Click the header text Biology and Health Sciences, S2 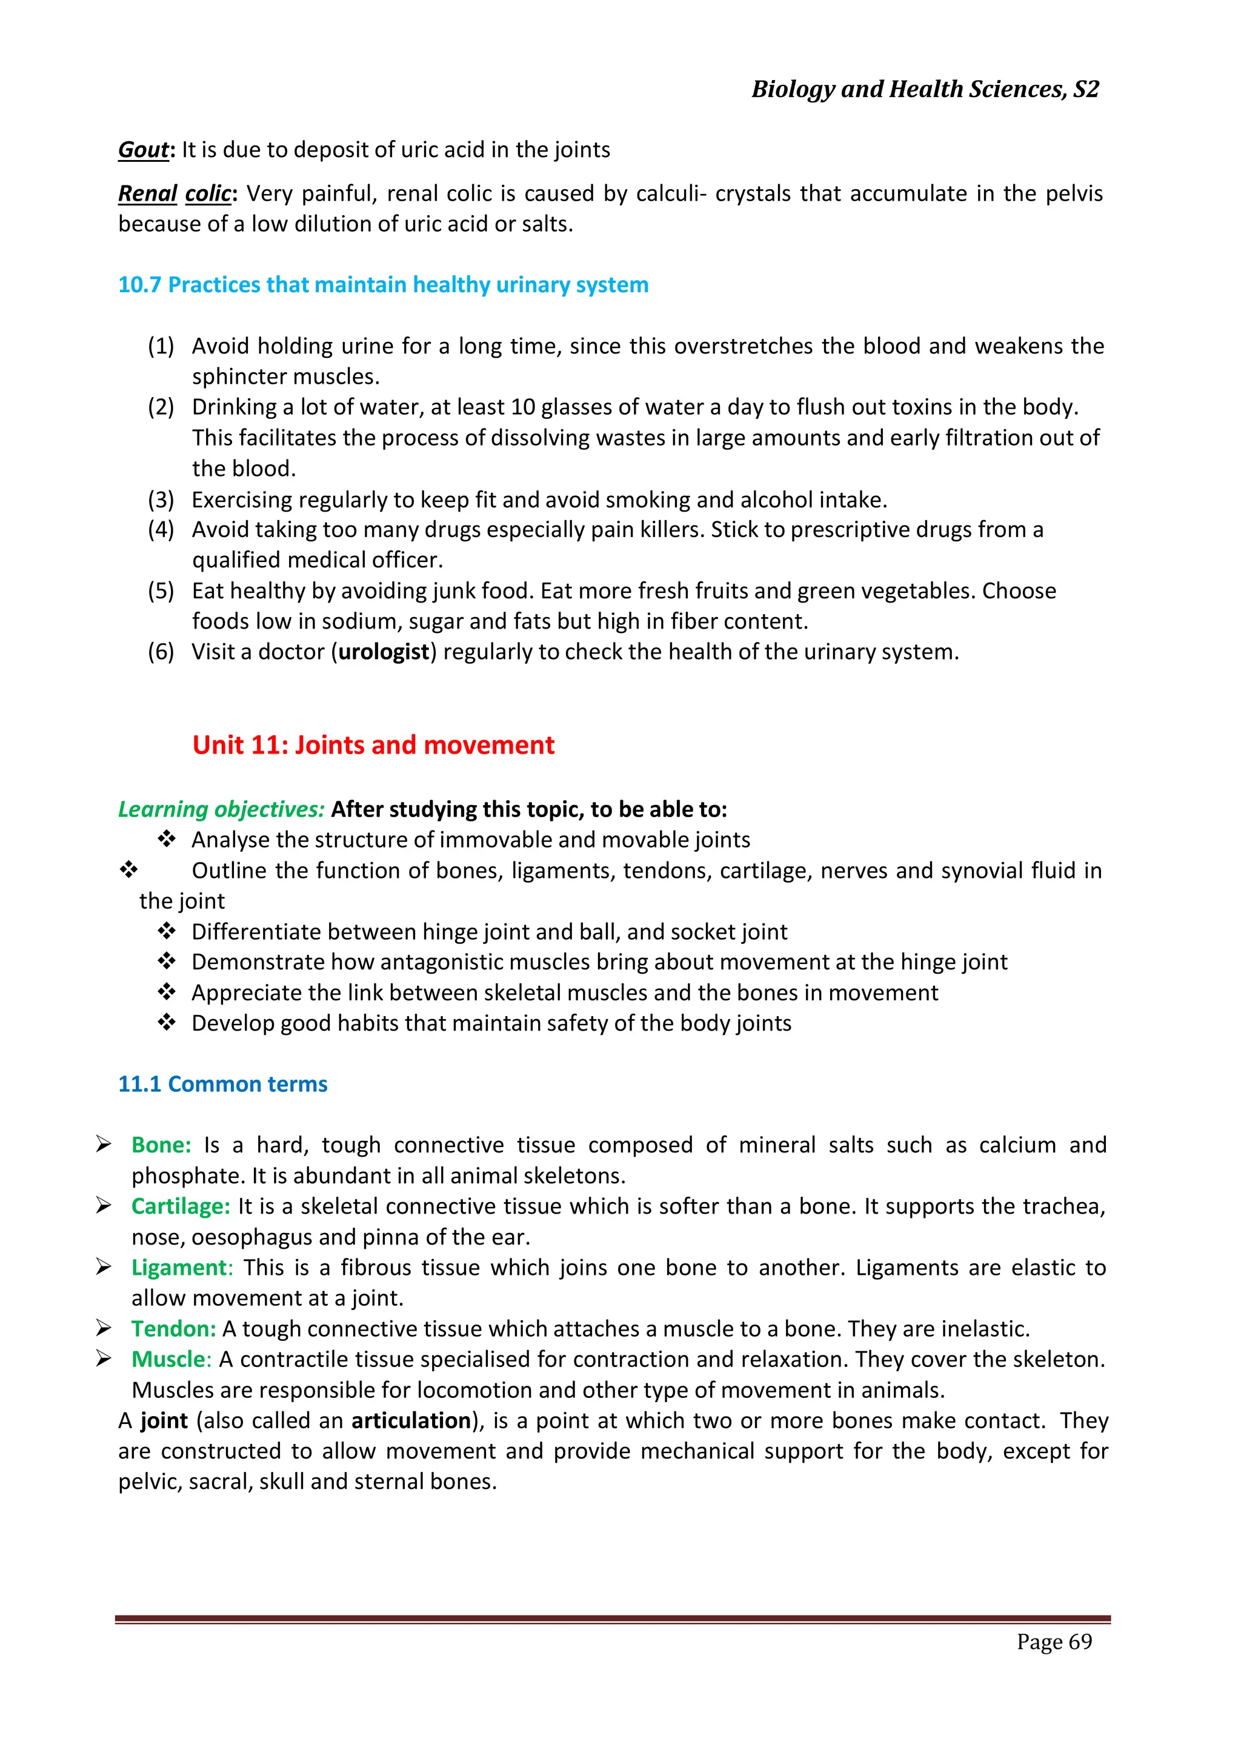(925, 90)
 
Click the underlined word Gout (143, 150)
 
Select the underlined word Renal (147, 194)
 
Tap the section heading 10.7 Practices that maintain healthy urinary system (383, 285)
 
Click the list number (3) (161, 500)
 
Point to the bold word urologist (384, 652)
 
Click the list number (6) (161, 652)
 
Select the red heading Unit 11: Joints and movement (373, 745)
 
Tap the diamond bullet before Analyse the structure (167, 839)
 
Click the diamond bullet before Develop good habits (167, 1023)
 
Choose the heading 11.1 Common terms (222, 1085)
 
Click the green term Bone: (161, 1145)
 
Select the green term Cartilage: (181, 1206)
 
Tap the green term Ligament (179, 1268)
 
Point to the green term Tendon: (173, 1328)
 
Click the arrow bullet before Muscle (104, 1359)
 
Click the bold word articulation (411, 1420)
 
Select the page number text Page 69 (1054, 1642)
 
